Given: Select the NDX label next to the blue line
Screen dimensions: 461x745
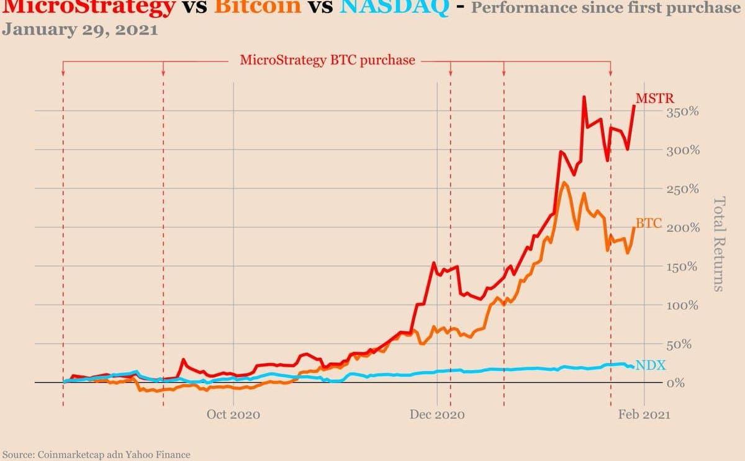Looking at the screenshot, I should [x=650, y=365].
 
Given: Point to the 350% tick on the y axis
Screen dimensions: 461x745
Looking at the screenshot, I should [x=683, y=112].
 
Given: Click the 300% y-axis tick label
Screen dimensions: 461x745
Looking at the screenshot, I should [x=683, y=151].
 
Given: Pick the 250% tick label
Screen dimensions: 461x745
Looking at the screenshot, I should [x=683, y=189].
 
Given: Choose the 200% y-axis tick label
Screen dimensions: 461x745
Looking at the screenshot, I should [x=683, y=228].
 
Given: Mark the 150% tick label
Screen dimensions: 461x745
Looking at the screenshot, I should [x=683, y=267].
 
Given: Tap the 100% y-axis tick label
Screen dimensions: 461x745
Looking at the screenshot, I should [x=683, y=306].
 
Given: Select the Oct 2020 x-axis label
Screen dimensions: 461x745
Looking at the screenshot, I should [x=233, y=414].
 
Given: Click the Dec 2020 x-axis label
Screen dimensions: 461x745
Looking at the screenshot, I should [x=437, y=414].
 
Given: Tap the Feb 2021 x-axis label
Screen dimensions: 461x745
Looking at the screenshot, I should [x=644, y=414].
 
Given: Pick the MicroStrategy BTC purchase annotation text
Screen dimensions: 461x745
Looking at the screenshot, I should [x=327, y=61].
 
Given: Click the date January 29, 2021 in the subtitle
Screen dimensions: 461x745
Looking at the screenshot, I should [x=79, y=30].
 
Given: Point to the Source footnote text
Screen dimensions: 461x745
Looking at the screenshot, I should [x=96, y=454].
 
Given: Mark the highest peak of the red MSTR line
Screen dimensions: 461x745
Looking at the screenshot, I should [x=584, y=97].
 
